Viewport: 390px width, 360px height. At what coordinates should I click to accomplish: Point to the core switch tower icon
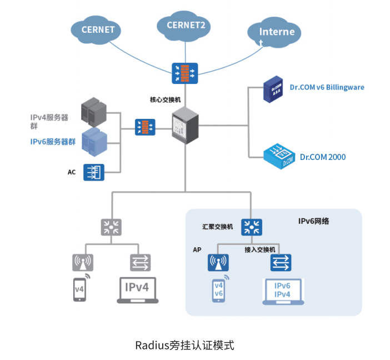[x=186, y=127]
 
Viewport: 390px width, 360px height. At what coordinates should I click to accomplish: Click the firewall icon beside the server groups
[x=145, y=127]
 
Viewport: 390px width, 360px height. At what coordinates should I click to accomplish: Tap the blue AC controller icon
[x=94, y=172]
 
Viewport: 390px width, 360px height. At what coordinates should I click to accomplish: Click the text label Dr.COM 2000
[x=323, y=157]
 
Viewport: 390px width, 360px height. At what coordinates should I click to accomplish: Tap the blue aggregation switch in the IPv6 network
[x=252, y=227]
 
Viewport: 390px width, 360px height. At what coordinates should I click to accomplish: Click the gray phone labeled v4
[x=81, y=289]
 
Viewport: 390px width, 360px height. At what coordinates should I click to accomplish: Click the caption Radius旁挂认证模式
[x=185, y=345]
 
